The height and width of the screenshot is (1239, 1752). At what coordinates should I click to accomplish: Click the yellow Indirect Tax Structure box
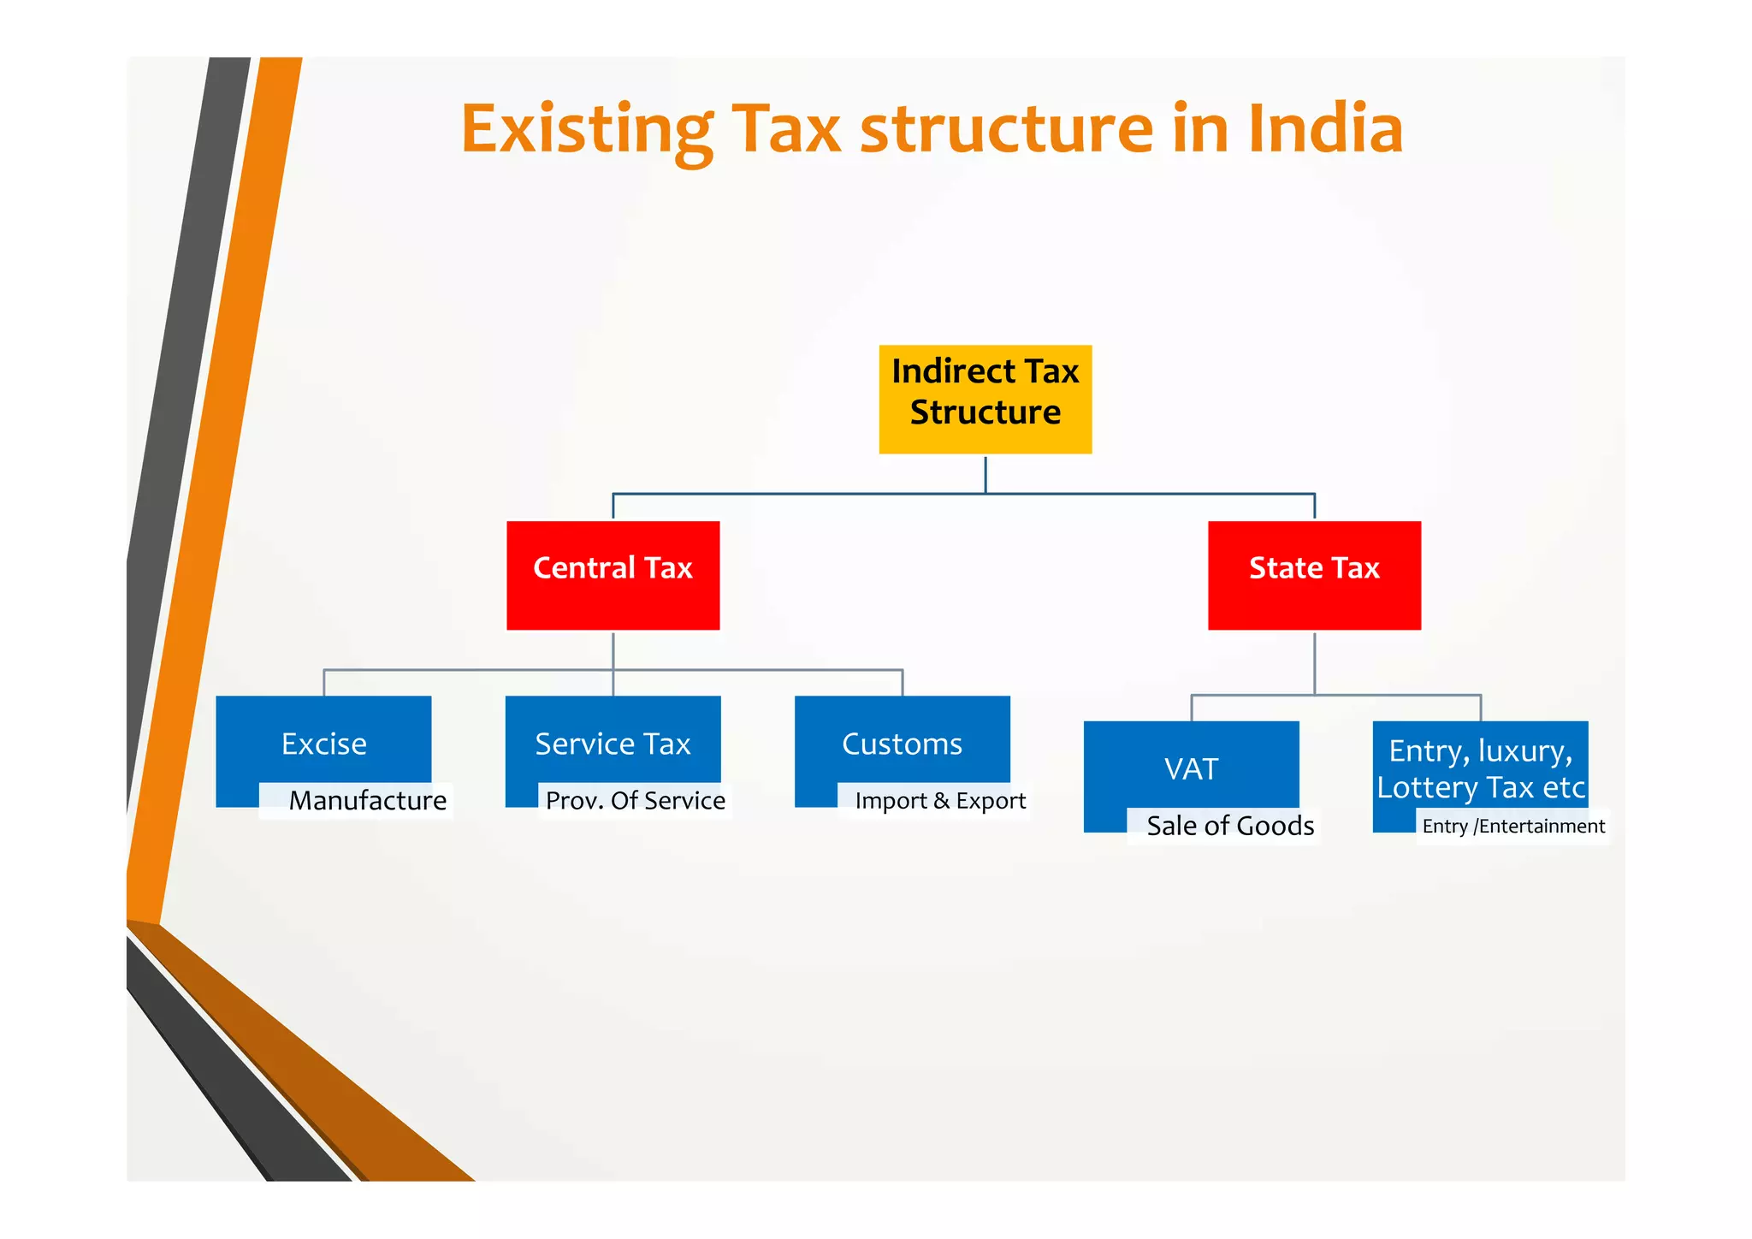[x=985, y=399]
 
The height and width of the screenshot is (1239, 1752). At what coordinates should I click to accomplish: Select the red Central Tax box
[x=613, y=574]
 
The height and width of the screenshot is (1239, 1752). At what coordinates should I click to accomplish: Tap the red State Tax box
[x=1314, y=574]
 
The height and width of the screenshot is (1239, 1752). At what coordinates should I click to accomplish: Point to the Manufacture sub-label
[x=367, y=801]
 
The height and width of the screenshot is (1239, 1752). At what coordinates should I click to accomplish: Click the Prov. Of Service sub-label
[x=635, y=801]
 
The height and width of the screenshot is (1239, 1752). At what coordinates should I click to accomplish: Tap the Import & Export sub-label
[x=939, y=801]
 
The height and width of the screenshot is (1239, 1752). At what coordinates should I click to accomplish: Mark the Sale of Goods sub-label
[x=1229, y=827]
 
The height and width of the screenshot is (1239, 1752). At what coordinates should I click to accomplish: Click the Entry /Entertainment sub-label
[x=1512, y=827]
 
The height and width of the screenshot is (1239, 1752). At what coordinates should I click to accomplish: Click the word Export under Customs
[x=991, y=801]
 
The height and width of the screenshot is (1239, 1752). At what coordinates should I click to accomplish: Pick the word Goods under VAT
[x=1275, y=827]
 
